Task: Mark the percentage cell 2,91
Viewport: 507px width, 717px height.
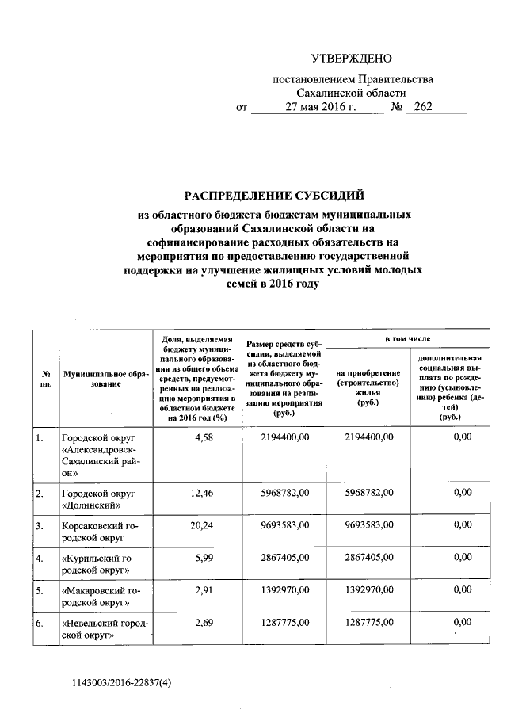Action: click(x=205, y=589)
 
